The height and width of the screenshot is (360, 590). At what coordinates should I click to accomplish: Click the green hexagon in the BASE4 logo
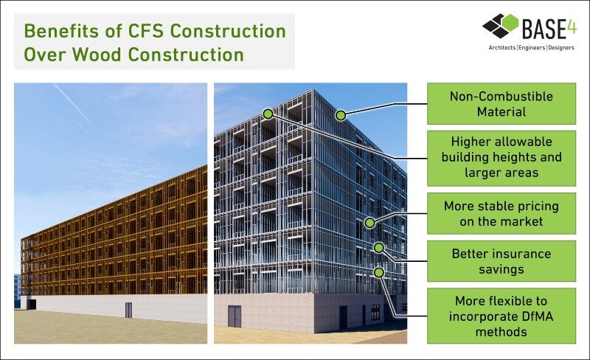tap(509, 23)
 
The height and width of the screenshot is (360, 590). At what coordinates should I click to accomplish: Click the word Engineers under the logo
tap(532, 48)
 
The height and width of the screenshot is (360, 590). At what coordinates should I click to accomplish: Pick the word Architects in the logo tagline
tap(502, 48)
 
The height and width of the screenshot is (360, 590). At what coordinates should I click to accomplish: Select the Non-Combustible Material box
tap(502, 103)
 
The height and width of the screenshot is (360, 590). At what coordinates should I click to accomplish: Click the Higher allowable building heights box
tap(502, 158)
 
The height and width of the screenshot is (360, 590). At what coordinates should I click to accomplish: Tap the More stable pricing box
tap(502, 213)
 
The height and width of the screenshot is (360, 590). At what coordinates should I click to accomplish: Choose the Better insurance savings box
tap(502, 261)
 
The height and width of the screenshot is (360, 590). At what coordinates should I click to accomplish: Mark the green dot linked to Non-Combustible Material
tap(341, 115)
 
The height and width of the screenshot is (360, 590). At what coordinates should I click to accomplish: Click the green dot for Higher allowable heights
tap(268, 114)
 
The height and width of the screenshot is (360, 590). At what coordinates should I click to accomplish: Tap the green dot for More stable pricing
tap(370, 223)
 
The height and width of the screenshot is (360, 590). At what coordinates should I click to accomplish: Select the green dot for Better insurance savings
tap(379, 247)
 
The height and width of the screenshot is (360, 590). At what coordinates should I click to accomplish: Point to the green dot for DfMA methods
tap(379, 272)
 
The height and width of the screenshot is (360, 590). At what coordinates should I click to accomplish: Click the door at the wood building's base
tap(128, 310)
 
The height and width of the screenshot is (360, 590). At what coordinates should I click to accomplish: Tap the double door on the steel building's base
tap(235, 316)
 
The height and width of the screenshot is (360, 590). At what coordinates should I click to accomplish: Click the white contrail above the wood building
tap(72, 103)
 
